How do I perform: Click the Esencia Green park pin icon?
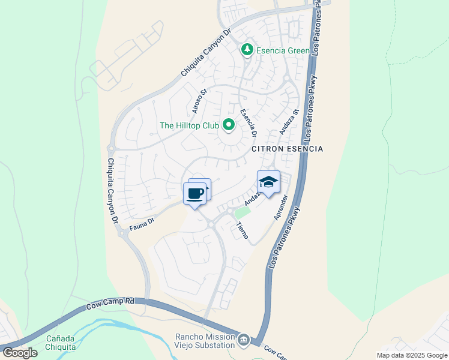(x=247, y=50)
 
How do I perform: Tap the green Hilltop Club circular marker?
(x=228, y=125)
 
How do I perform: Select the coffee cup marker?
(x=194, y=194)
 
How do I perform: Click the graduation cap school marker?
(x=268, y=182)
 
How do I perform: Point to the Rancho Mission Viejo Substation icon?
(x=244, y=340)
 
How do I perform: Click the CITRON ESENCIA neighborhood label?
(x=287, y=148)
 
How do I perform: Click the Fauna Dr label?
(x=142, y=224)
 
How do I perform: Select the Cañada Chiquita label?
(x=61, y=343)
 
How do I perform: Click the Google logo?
(x=19, y=353)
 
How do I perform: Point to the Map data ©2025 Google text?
(x=411, y=355)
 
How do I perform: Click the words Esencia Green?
(x=283, y=50)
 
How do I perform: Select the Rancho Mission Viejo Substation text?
(x=203, y=340)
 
